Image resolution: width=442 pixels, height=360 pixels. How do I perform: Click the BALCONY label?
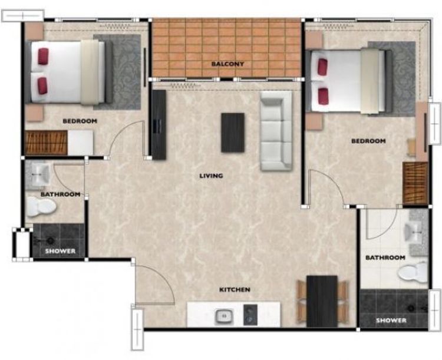227,64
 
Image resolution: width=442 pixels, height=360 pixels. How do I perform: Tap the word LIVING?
211,176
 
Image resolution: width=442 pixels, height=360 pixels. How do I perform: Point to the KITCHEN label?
235,289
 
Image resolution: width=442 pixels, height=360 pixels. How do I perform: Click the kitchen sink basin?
225,316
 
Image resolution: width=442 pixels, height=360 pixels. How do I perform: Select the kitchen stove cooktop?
250,315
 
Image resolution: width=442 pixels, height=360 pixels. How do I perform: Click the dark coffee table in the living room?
233,133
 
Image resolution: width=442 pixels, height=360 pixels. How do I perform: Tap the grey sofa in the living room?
276,131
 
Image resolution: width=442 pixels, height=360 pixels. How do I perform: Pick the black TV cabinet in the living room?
159,125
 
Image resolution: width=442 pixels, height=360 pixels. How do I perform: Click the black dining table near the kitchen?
322,301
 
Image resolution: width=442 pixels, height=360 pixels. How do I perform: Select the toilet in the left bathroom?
41,207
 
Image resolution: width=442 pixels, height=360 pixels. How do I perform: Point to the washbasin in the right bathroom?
413,232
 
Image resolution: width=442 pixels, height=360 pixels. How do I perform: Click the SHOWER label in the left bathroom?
60,251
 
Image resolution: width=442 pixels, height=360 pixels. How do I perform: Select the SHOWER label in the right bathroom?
391,321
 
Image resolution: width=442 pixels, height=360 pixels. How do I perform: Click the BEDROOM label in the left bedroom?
80,121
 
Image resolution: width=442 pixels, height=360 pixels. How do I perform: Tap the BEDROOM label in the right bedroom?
368,141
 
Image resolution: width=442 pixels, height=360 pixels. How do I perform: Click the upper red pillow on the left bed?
43,57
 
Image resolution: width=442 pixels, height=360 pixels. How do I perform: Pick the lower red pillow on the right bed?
323,96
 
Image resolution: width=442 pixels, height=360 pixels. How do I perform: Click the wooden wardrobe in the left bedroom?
46,143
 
